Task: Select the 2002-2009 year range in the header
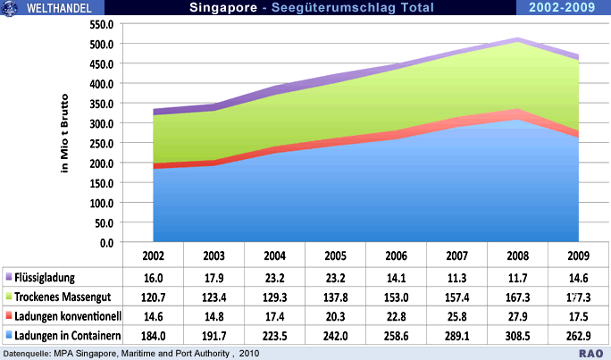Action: point(564,8)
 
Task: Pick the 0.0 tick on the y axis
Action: point(109,242)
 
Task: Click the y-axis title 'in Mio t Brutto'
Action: point(65,134)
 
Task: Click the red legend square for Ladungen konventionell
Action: point(8,316)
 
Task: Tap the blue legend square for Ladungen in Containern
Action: point(8,336)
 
